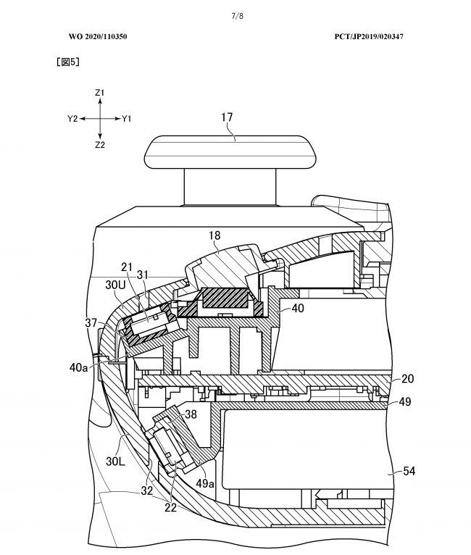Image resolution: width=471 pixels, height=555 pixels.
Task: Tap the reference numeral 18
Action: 216,236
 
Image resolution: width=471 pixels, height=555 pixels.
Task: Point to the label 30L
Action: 117,459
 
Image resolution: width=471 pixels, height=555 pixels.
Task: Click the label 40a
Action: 80,367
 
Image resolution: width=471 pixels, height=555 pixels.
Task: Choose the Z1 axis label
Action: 100,93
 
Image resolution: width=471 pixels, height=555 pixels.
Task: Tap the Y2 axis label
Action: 72,118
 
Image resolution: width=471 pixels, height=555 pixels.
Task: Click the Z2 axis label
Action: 100,144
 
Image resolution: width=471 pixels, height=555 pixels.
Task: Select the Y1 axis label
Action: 127,118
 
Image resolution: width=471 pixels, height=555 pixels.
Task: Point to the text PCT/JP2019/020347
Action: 375,36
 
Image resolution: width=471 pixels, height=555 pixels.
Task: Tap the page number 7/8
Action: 236,15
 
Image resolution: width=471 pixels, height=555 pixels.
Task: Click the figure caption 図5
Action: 67,62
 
